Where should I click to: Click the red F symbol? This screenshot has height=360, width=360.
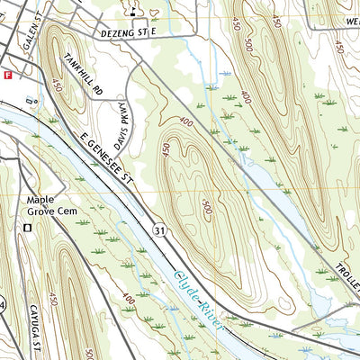(x=8, y=76)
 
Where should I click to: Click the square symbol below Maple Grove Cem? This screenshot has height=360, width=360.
(x=27, y=229)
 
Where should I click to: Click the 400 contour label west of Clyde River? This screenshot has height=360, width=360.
(x=128, y=296)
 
